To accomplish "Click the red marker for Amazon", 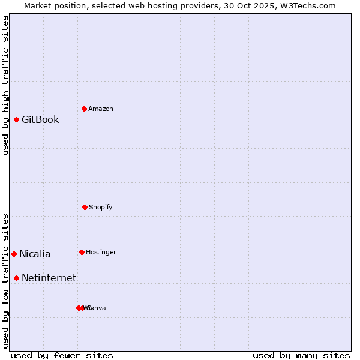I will tap(84, 109).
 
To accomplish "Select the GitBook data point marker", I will tap(16, 119).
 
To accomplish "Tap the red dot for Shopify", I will tap(85, 207).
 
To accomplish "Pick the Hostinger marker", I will tap(82, 252).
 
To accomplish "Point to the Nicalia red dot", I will tap(14, 254).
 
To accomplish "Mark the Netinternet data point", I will tap(16, 278).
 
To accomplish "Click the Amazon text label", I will tap(100, 109).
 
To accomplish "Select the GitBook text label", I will tap(40, 119).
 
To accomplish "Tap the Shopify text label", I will tap(100, 207).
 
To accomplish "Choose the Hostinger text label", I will tap(101, 252).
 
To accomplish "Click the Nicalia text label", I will tap(35, 254).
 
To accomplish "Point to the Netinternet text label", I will tap(49, 278).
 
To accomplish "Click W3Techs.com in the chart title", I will tap(309, 6).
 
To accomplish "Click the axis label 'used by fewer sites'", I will tap(62, 355).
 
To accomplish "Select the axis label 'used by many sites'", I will tap(301, 355).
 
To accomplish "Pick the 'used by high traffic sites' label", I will tap(6, 85).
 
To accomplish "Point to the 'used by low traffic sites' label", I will tap(6, 281).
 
